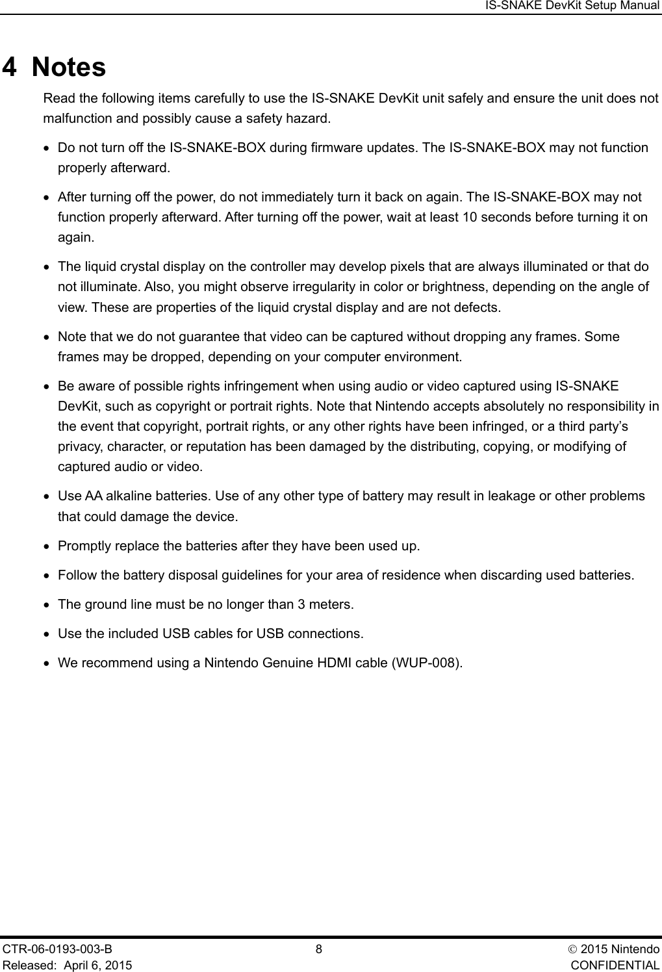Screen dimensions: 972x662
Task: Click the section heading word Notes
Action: [x=69, y=68]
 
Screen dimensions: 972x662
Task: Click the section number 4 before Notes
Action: [x=11, y=68]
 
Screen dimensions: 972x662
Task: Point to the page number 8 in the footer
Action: [x=318, y=949]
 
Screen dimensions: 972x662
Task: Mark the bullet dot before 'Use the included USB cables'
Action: [x=47, y=634]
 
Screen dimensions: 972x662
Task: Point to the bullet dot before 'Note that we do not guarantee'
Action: [x=47, y=338]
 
